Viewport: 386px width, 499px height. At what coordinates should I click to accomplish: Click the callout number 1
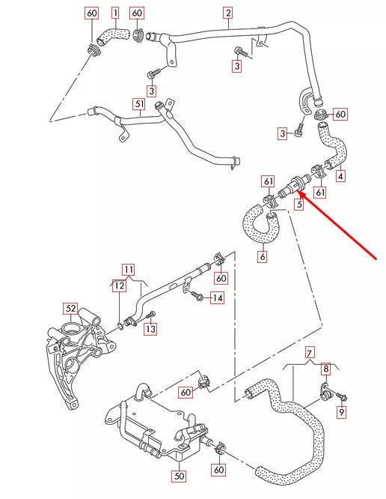click(x=115, y=13)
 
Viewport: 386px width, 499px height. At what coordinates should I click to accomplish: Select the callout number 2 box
click(x=227, y=13)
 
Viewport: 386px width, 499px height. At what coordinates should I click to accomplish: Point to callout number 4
click(x=340, y=177)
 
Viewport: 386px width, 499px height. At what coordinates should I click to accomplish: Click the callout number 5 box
click(x=298, y=203)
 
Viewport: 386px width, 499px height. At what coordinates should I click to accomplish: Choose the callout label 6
click(x=262, y=257)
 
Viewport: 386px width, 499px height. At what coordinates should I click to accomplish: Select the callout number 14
click(x=217, y=298)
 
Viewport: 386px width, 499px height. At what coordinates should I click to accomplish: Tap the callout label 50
click(x=179, y=475)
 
